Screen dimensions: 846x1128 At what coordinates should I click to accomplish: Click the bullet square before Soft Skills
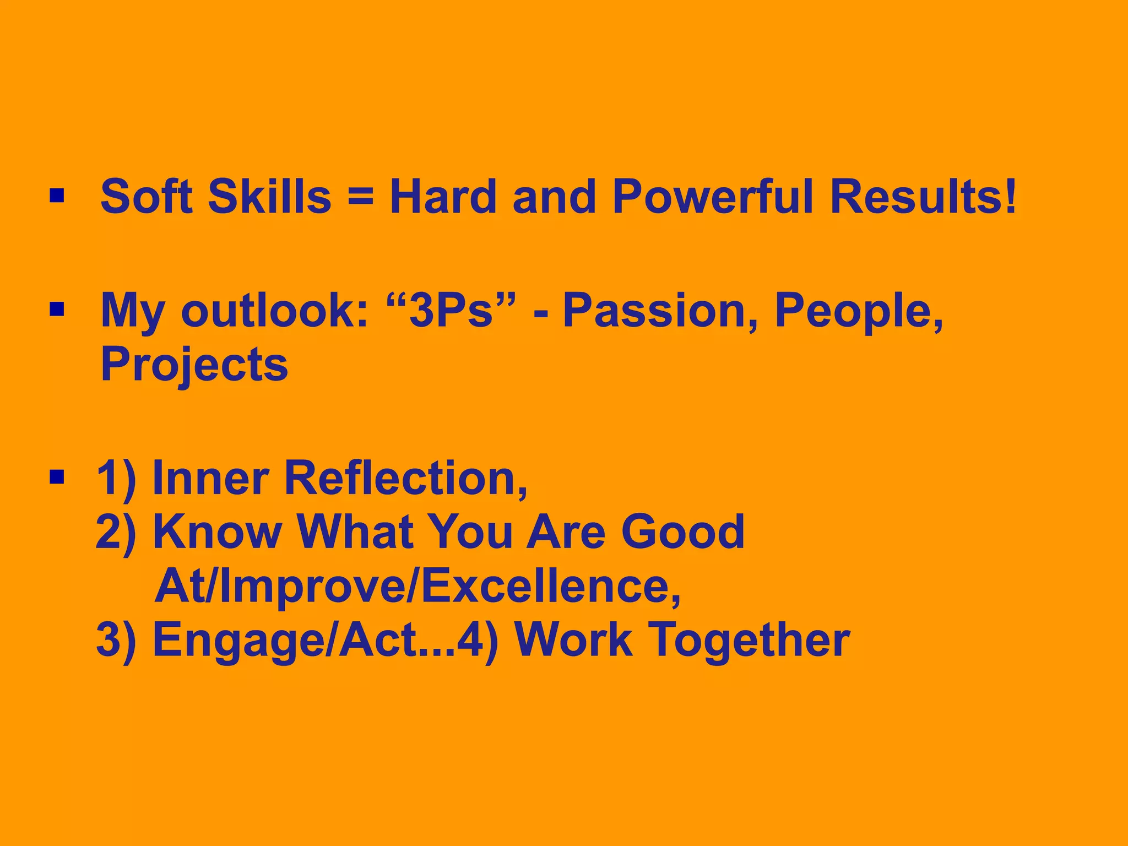(x=57, y=196)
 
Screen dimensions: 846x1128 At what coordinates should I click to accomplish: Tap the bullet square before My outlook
(x=57, y=310)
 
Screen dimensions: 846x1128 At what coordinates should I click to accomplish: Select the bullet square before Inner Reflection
(x=57, y=476)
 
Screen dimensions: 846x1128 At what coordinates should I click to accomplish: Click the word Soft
(x=147, y=197)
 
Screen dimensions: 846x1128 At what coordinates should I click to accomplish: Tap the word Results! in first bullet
(x=923, y=197)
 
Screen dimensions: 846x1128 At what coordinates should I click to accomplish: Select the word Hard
(x=443, y=197)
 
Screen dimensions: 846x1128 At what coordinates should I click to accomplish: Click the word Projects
(x=194, y=365)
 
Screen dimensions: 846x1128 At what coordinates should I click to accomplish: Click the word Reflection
(x=405, y=478)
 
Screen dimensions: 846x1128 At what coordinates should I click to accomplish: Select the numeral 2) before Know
(x=116, y=532)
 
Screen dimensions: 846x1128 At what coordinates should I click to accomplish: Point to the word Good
(x=682, y=532)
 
